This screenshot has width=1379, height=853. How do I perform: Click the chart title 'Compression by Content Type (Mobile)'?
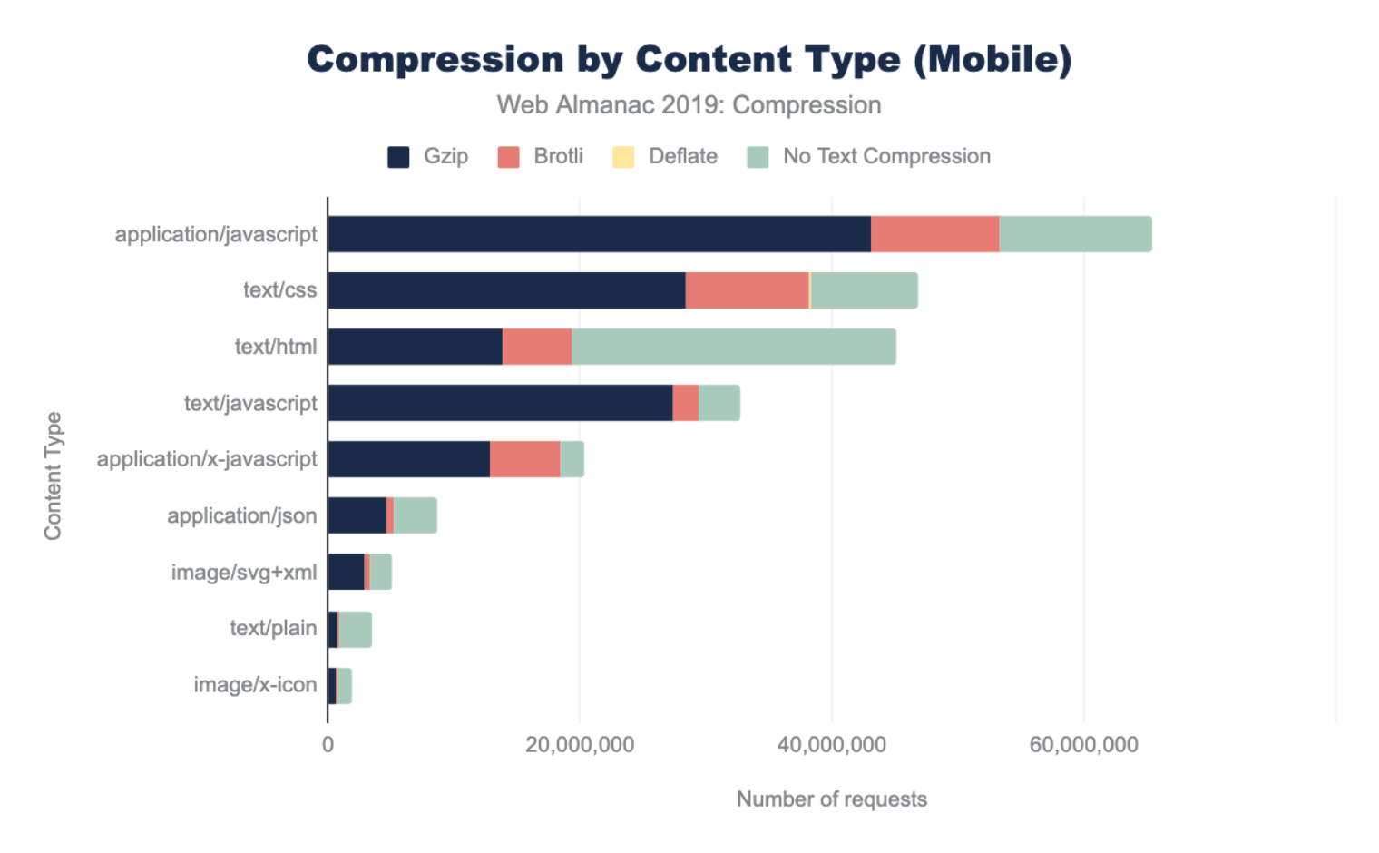689,60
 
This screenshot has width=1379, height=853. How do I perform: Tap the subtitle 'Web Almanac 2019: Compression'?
689,105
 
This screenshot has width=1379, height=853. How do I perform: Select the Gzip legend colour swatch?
398,157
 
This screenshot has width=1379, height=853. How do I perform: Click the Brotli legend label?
558,156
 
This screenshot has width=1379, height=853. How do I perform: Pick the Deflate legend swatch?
623,157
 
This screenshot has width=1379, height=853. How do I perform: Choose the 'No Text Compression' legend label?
886,156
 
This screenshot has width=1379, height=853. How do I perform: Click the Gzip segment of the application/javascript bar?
599,234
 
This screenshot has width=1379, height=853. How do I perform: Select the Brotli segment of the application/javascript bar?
934,234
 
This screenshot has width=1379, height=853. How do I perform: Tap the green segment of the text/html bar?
733,347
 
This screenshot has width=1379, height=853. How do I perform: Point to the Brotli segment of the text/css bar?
747,290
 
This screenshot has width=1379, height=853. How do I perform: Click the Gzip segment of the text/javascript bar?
500,403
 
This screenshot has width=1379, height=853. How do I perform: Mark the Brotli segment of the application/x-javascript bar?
524,459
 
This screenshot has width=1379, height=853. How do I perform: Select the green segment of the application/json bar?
415,515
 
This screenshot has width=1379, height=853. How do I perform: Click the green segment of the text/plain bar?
355,629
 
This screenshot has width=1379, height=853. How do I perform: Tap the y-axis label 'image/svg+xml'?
244,573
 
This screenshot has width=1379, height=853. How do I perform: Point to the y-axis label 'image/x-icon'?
255,685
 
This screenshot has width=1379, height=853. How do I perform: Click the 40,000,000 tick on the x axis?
831,745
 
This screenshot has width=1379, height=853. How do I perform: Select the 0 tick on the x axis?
328,745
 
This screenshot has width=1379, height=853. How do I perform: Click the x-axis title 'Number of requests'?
831,799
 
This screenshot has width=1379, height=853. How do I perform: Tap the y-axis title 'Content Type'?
53,476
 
